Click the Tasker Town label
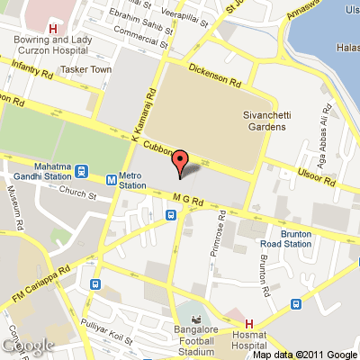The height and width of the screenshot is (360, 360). tap(87, 69)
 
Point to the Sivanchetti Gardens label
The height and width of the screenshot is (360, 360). tap(265, 121)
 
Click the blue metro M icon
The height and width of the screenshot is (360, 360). tap(110, 176)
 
